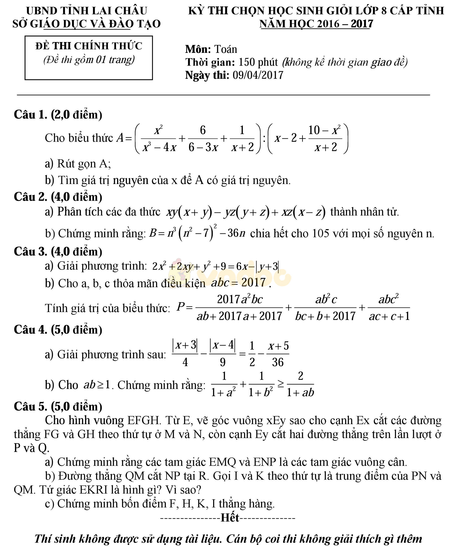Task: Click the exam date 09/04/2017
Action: click(258, 75)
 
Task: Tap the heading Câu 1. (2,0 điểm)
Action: click(58, 115)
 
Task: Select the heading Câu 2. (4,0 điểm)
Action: click(58, 197)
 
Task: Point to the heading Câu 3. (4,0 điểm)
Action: click(58, 252)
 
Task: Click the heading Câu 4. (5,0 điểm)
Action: click(58, 330)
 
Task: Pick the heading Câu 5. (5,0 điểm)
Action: click(58, 407)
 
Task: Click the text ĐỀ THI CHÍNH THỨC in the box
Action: click(89, 46)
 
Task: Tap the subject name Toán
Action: click(226, 49)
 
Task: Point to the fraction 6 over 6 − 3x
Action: click(203, 138)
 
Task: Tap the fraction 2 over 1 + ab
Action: click(300, 384)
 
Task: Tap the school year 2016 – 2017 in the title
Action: click(345, 24)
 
